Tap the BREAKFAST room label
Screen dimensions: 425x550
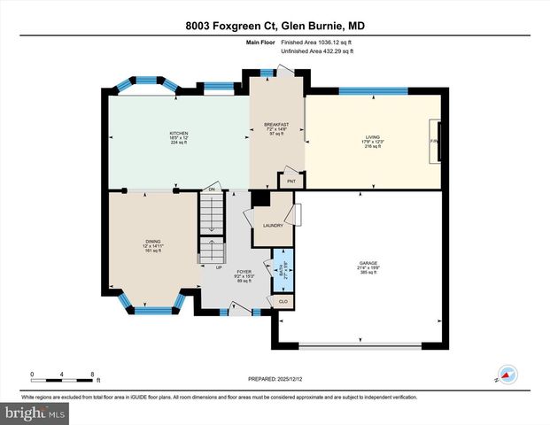pos(276,124)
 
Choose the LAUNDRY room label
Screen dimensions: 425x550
pos(273,225)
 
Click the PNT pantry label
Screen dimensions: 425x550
pos(290,181)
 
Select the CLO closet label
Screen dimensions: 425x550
pos(283,302)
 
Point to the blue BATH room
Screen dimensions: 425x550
pos(283,274)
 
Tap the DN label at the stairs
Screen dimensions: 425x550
pos(212,189)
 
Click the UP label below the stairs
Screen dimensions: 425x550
pos(218,266)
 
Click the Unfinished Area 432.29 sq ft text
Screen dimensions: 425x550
pos(317,51)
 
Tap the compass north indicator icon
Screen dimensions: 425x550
pos(507,375)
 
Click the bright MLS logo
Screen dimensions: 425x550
pos(35,412)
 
